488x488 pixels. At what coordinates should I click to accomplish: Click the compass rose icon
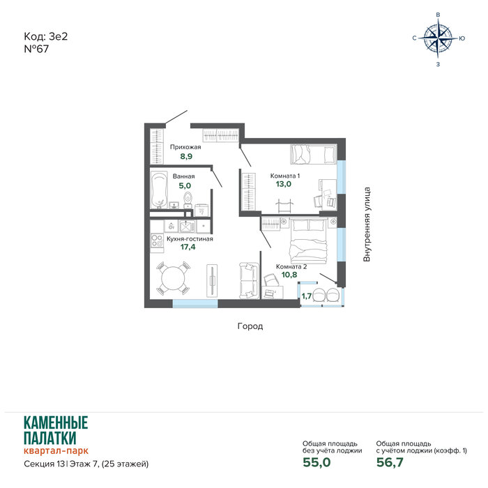pos(439,38)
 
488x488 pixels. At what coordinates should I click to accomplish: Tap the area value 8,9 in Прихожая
pos(186,156)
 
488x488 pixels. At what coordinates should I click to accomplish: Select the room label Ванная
pos(183,176)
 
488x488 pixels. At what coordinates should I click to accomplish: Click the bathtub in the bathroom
pos(159,190)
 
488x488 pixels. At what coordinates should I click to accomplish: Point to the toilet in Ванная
pos(188,199)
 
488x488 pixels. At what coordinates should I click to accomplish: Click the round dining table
pos(173,279)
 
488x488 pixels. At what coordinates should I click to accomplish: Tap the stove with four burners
pos(157,241)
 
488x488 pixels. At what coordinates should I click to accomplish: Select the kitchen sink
pos(187,227)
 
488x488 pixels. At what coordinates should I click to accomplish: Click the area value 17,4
pos(188,247)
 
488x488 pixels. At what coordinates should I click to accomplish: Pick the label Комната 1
pos(284,176)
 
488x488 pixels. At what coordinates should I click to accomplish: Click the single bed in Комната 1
pos(314,154)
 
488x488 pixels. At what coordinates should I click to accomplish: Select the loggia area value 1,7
pos(306,296)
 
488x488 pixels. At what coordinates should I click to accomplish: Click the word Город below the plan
pos(250,326)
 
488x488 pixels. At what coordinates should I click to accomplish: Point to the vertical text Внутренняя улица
pos(367,224)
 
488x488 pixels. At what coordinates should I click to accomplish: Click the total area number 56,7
pos(390,462)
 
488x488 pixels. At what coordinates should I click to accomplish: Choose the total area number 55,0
pos(317,462)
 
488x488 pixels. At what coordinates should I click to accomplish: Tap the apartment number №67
pos(36,49)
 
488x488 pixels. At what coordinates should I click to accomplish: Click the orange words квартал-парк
pos(56,450)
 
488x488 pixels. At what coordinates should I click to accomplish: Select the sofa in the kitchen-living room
pos(249,281)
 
